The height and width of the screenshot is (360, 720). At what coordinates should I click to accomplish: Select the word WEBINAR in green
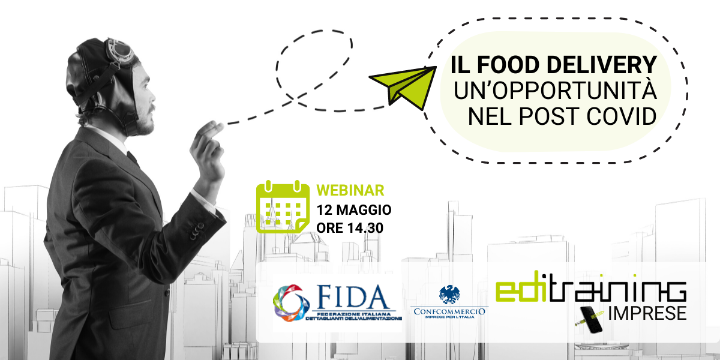coord(350,191)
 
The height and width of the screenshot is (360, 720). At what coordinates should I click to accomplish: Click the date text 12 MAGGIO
coord(354,210)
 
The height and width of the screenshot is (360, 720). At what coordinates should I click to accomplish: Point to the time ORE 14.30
coord(350,228)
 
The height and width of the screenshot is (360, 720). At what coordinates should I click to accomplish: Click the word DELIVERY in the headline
coord(605,65)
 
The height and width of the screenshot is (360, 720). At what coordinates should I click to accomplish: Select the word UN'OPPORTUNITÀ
coord(554,91)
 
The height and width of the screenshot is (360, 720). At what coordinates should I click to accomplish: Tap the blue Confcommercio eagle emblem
coord(449,295)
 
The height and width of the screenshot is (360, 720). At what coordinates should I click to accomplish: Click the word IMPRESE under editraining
coord(646,313)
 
